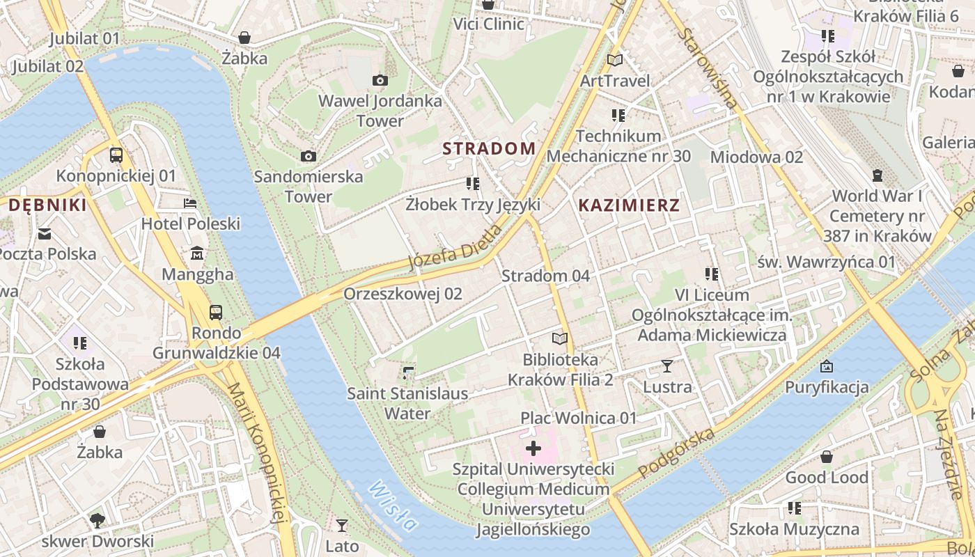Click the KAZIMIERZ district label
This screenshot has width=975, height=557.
[x=629, y=205]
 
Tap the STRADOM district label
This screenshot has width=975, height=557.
[x=490, y=148]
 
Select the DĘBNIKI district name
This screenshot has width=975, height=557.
[x=47, y=205]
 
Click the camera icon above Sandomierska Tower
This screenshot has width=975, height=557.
[x=309, y=156]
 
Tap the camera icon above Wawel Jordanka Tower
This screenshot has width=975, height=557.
[x=380, y=81]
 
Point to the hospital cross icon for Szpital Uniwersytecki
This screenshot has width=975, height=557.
[x=533, y=448]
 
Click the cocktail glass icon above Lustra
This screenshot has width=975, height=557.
[x=667, y=366]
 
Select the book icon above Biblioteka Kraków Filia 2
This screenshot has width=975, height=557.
[x=560, y=339]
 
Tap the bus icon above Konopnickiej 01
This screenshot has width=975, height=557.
[x=116, y=155]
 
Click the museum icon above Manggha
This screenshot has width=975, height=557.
[x=197, y=253]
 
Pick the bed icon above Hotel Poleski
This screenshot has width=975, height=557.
[x=190, y=203]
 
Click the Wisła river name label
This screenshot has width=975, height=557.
[x=393, y=506]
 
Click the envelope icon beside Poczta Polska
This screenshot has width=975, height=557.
[x=45, y=233]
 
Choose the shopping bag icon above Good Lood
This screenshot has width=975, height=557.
[x=827, y=457]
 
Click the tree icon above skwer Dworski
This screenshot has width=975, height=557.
[x=97, y=520]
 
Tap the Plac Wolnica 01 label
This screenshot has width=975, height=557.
[x=579, y=418]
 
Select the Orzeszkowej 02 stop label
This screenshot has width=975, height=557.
[x=403, y=294]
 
